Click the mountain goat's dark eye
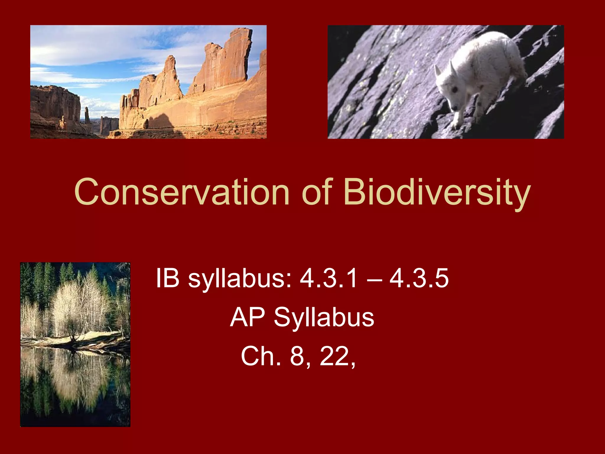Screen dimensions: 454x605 click(455, 89)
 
